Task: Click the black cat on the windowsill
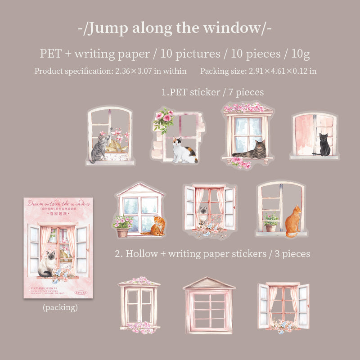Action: tap(324, 144)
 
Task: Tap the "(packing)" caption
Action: tap(60, 308)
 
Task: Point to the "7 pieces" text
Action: tap(244, 92)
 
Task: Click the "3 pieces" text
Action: tap(290, 254)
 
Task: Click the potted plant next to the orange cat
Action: tap(270, 222)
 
